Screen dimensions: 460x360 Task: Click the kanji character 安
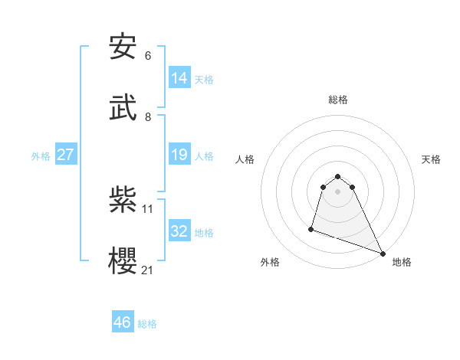point(123,47)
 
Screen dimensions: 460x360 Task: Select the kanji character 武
point(123,108)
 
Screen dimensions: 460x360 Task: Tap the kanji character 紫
point(123,200)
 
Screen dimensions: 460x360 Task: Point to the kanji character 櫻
point(123,261)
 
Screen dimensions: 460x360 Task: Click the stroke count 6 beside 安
point(148,56)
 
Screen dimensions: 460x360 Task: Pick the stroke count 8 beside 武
point(148,116)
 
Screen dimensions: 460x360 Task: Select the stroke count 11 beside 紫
point(148,208)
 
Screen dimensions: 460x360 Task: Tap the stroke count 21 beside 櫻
point(148,270)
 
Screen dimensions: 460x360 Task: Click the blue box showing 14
point(179,77)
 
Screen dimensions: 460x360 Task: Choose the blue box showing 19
point(179,155)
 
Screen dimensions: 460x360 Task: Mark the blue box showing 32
point(179,231)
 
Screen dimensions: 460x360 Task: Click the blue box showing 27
point(66,155)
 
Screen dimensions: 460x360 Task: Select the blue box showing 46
point(123,322)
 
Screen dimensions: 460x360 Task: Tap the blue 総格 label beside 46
point(147,324)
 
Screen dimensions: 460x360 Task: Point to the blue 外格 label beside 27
point(41,156)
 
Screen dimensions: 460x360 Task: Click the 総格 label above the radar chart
point(338,100)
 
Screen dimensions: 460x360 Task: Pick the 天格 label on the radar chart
point(432,159)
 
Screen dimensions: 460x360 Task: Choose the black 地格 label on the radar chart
point(402,262)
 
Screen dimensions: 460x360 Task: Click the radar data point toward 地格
point(383,253)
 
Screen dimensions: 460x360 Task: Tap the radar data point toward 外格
point(312,228)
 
